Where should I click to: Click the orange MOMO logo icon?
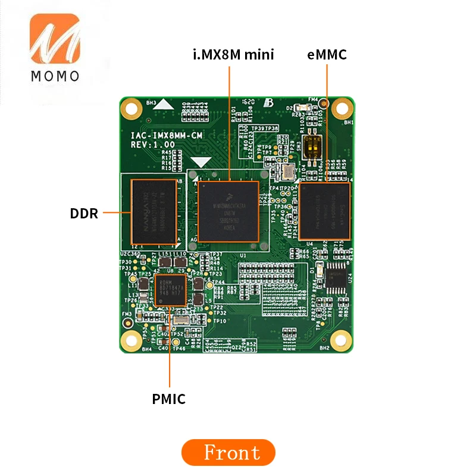pos(54,40)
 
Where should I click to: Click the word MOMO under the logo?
pos(54,76)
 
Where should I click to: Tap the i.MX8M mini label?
pos(233,55)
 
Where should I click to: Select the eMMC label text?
pos(327,55)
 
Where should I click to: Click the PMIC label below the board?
pos(169,399)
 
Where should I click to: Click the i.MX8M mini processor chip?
pos(228,211)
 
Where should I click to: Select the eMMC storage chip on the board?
pos(325,211)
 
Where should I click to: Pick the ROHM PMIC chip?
pos(170,290)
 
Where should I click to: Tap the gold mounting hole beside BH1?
pos(340,108)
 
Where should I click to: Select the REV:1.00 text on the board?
pos(152,144)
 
